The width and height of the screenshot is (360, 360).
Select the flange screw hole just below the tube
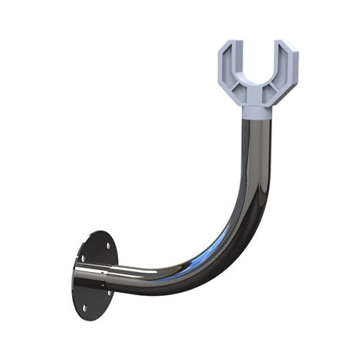tap(109, 292)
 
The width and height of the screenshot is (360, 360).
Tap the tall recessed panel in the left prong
tap(227, 68)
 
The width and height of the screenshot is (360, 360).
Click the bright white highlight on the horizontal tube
tap(137, 271)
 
